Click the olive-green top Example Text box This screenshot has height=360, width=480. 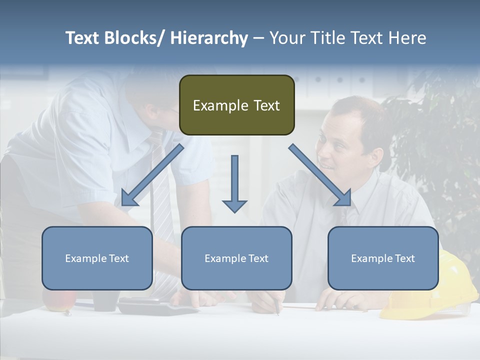point(236,105)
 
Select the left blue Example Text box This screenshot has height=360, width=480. point(97,258)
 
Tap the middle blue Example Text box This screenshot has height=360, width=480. point(236,258)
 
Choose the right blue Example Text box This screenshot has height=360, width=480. point(383,258)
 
